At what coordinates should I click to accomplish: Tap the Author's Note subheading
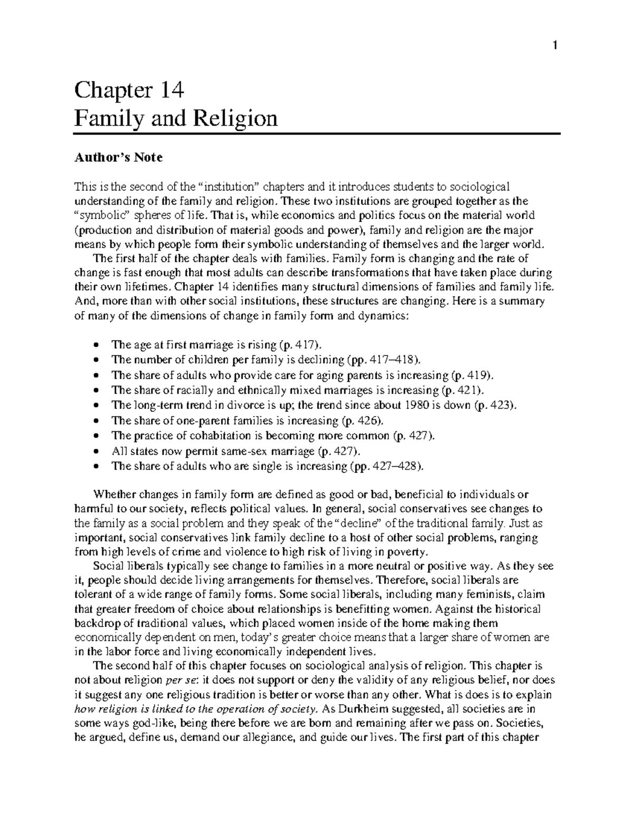click(119, 157)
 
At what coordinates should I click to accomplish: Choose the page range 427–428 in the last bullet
click(394, 466)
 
